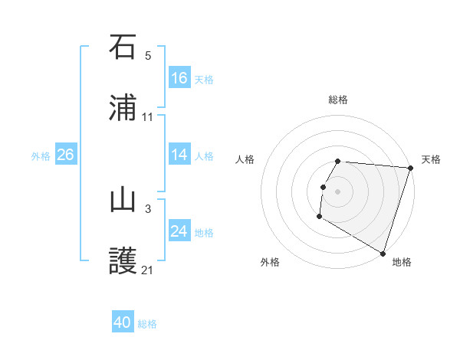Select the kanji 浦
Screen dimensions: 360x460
tap(123, 108)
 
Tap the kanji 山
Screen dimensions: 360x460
tap(123, 200)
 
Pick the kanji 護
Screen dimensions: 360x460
tap(123, 261)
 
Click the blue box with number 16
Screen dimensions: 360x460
tap(179, 78)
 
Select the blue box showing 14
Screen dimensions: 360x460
tap(179, 155)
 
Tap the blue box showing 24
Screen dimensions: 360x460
tap(179, 231)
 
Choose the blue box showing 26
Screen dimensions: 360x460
tap(66, 155)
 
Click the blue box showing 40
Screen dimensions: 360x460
tap(123, 322)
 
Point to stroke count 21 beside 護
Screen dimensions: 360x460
tap(148, 270)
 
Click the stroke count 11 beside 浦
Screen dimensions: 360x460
tap(148, 117)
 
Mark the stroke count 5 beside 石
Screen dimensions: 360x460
tap(148, 55)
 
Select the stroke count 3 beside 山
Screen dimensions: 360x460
tap(148, 208)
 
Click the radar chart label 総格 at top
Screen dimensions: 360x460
tap(338, 100)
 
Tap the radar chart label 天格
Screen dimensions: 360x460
tap(431, 159)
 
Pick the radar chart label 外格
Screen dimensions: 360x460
tap(270, 262)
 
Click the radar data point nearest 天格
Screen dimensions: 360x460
tap(411, 168)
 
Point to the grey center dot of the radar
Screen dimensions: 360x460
tap(338, 191)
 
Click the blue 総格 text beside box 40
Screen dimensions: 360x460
tap(147, 324)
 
